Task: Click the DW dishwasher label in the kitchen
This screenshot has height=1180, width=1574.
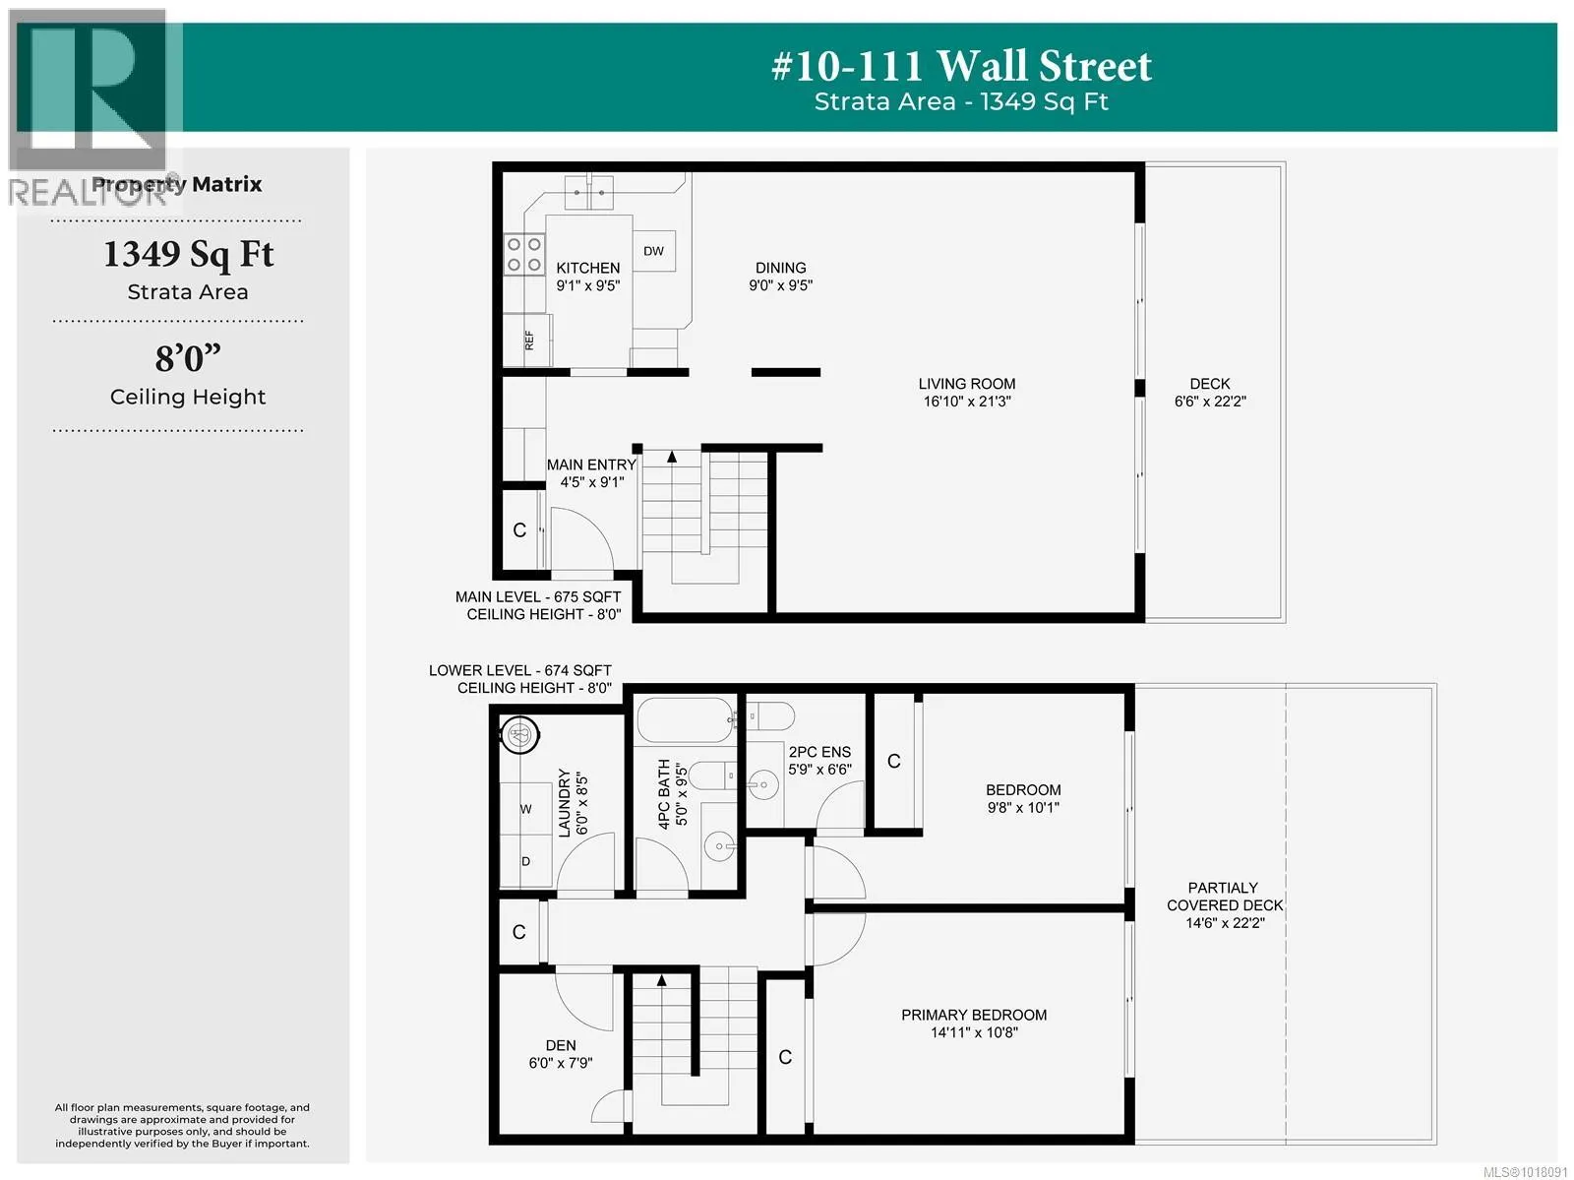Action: click(x=653, y=251)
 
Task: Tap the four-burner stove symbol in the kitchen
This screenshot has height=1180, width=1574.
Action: click(x=523, y=255)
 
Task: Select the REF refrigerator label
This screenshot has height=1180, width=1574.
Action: click(x=529, y=340)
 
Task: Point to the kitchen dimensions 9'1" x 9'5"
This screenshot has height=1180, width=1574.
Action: click(x=588, y=285)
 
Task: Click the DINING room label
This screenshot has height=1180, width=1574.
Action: click(x=780, y=268)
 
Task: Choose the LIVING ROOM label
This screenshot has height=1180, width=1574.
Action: click(x=967, y=384)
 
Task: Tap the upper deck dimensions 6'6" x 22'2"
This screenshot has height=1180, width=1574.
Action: click(x=1210, y=402)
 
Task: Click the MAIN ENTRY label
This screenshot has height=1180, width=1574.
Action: click(x=591, y=465)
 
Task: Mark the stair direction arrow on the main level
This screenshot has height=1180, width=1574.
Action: click(x=672, y=457)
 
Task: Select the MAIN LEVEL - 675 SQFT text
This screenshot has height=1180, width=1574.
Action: click(x=538, y=596)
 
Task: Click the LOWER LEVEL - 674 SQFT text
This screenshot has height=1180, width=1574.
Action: click(x=519, y=670)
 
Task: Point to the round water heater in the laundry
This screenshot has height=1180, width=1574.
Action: click(x=519, y=734)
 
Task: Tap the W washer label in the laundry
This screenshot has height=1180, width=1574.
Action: click(x=525, y=809)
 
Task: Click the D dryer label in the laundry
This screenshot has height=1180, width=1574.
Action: click(x=525, y=861)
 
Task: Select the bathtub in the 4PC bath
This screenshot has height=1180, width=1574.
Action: click(x=685, y=719)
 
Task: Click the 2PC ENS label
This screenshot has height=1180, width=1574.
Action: click(x=819, y=752)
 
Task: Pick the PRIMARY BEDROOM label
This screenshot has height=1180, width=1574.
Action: click(x=974, y=1015)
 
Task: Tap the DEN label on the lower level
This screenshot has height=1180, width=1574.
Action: click(x=561, y=1045)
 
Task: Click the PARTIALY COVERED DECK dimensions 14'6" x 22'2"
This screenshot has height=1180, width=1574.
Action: click(x=1225, y=923)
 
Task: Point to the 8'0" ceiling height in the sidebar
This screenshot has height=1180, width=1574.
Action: click(x=188, y=357)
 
